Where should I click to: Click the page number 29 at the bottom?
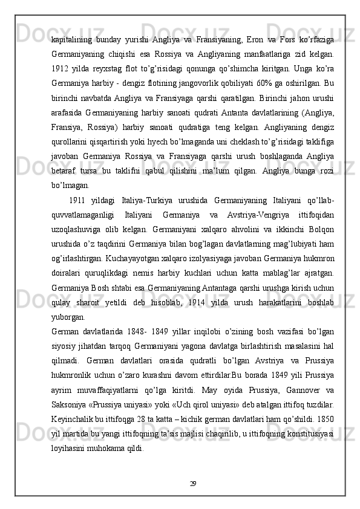pos(193,501)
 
